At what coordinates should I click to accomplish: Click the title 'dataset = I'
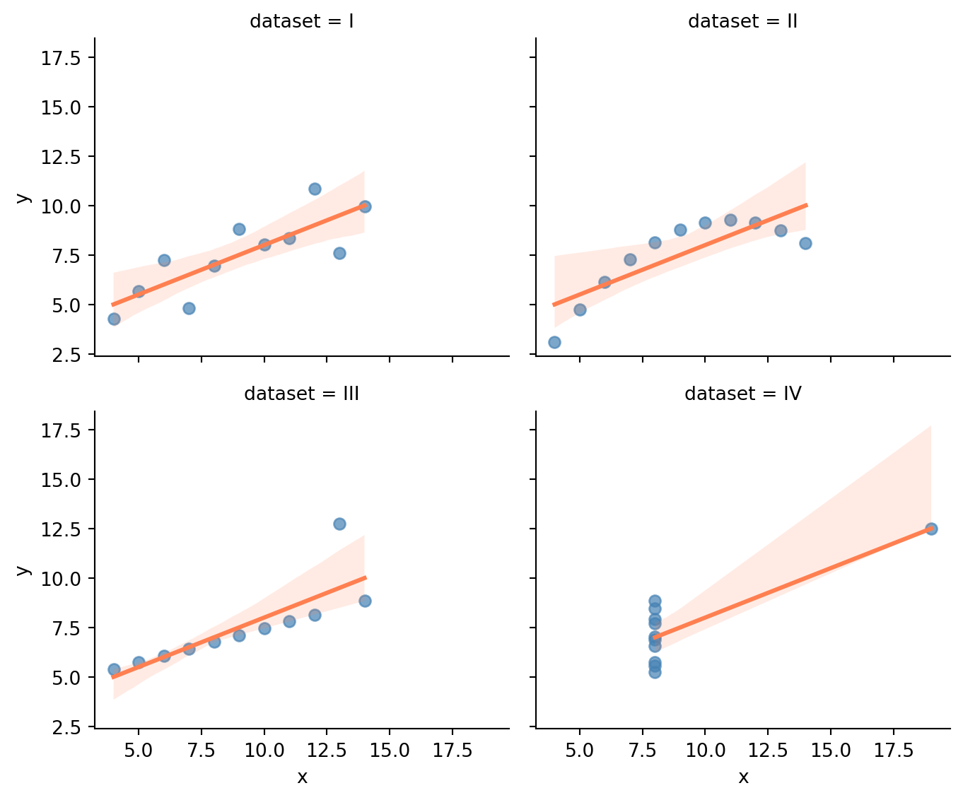[x=302, y=21]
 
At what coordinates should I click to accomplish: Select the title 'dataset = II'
[x=742, y=21]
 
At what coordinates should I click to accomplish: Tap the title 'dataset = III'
[x=302, y=394]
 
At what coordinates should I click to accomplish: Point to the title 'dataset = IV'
[x=742, y=394]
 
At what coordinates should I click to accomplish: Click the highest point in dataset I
[x=315, y=189]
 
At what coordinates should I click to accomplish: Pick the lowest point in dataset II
[x=554, y=342]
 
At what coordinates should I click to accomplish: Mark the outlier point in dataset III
[x=339, y=524]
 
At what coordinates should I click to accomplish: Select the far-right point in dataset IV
[x=931, y=529]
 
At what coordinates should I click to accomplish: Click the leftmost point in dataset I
[x=114, y=319]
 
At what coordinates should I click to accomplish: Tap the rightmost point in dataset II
[x=805, y=243]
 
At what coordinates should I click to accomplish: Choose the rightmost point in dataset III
[x=365, y=601]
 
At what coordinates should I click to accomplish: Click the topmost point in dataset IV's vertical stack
[x=655, y=601]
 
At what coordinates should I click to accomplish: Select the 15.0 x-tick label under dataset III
[x=390, y=750]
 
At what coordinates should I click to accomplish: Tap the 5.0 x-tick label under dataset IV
[x=580, y=750]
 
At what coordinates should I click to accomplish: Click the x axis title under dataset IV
[x=743, y=777]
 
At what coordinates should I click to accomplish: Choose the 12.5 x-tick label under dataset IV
[x=768, y=750]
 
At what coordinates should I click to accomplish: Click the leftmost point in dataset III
[x=114, y=669]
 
